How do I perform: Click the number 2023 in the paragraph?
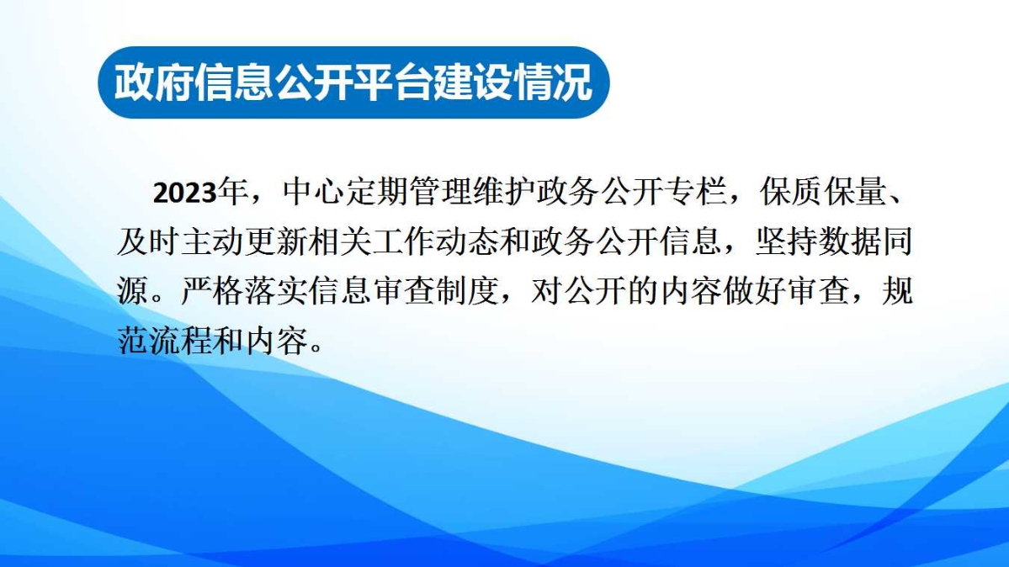(184, 193)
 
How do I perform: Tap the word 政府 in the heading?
(154, 82)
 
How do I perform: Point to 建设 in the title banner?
(472, 82)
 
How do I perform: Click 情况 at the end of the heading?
(552, 82)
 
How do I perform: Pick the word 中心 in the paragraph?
(313, 191)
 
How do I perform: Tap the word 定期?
(376, 191)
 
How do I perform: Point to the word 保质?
(791, 191)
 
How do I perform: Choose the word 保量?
(854, 191)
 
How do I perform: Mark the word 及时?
(148, 241)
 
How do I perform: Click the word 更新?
(275, 241)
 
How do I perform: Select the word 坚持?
(785, 241)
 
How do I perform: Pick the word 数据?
(849, 241)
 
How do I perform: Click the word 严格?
(212, 291)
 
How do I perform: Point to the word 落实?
(275, 291)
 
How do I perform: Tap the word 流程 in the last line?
(180, 341)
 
